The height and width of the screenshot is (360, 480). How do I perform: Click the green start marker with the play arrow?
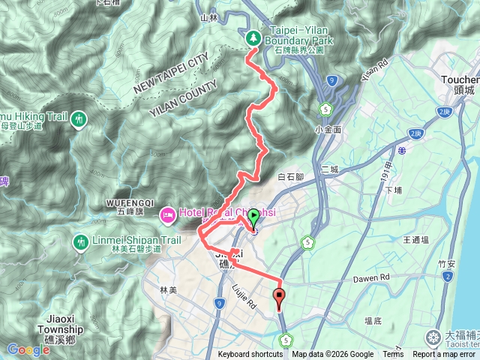point(253,218)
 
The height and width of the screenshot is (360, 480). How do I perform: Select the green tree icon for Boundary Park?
point(253,37)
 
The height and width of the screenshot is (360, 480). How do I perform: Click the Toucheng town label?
point(462,79)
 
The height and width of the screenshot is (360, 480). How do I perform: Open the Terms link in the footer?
point(393,355)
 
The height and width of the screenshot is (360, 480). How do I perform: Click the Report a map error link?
point(445,355)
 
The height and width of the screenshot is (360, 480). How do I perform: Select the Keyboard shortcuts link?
point(250,355)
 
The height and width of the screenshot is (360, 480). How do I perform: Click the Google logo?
point(28,349)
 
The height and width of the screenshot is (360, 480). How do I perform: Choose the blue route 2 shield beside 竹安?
point(448,277)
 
